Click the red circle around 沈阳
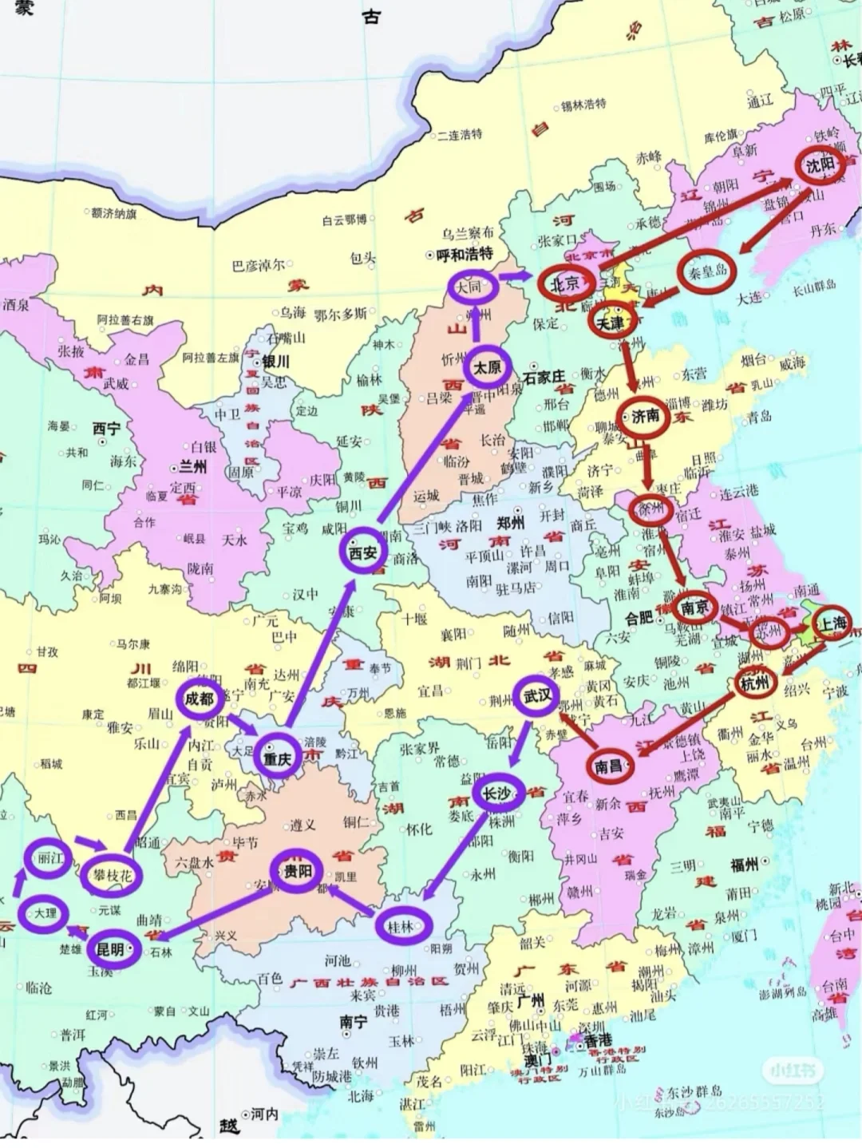820,166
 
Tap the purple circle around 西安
363,552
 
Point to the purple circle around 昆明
112,949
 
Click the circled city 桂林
402,926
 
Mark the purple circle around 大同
469,286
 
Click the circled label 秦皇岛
707,271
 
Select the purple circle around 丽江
49,859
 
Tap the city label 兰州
192,466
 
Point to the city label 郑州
511,523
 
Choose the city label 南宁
354,1021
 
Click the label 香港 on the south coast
597,1041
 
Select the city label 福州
743,865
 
